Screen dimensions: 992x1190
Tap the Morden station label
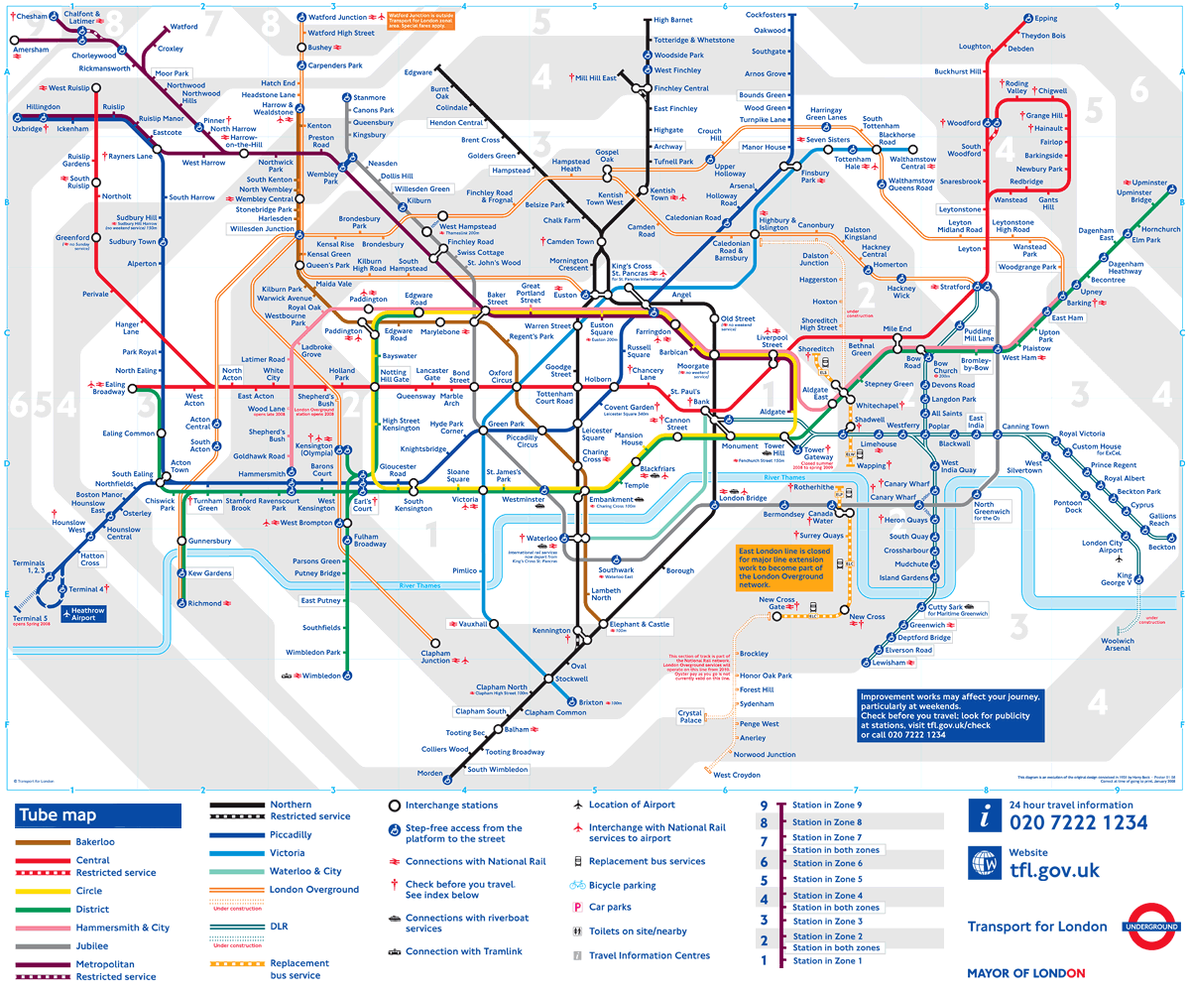[429, 773]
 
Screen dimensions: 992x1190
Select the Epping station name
[1045, 19]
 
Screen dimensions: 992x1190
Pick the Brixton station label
[591, 702]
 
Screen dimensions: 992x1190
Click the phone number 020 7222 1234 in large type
[1078, 822]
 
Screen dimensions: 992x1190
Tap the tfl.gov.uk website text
[1054, 870]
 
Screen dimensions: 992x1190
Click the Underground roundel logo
[1151, 927]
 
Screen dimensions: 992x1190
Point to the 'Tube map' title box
[97, 815]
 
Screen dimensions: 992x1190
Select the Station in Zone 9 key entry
[827, 806]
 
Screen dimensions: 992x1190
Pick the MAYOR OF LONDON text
[1025, 973]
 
